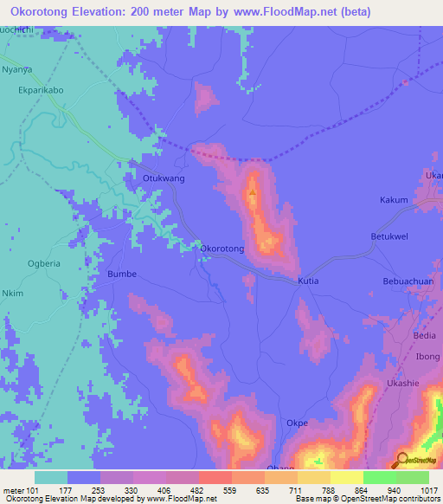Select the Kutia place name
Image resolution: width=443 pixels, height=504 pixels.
point(308,281)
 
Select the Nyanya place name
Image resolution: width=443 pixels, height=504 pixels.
point(17,68)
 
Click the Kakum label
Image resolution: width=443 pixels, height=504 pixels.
point(394,200)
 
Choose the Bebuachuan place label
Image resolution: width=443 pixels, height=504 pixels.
point(408,281)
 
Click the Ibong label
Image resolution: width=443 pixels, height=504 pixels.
point(427,356)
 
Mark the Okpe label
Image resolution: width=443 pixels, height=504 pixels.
point(297,423)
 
